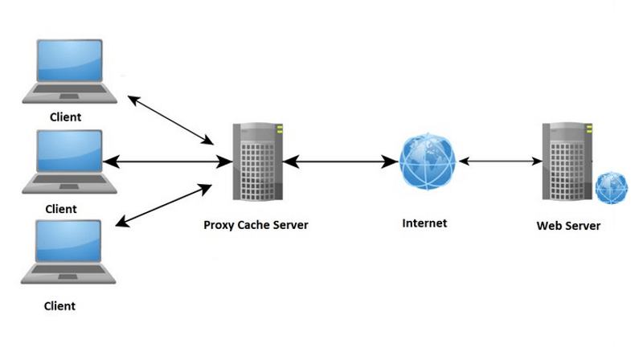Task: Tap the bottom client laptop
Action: point(71,254)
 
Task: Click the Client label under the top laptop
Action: point(65,117)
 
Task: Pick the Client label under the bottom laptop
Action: point(59,306)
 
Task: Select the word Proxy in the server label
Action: point(219,226)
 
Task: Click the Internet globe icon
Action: point(427,162)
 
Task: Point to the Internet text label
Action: point(424,223)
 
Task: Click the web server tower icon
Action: point(566,161)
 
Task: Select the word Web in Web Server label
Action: point(549,226)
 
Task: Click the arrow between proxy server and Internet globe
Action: point(339,162)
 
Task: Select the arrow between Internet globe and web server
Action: point(498,162)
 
